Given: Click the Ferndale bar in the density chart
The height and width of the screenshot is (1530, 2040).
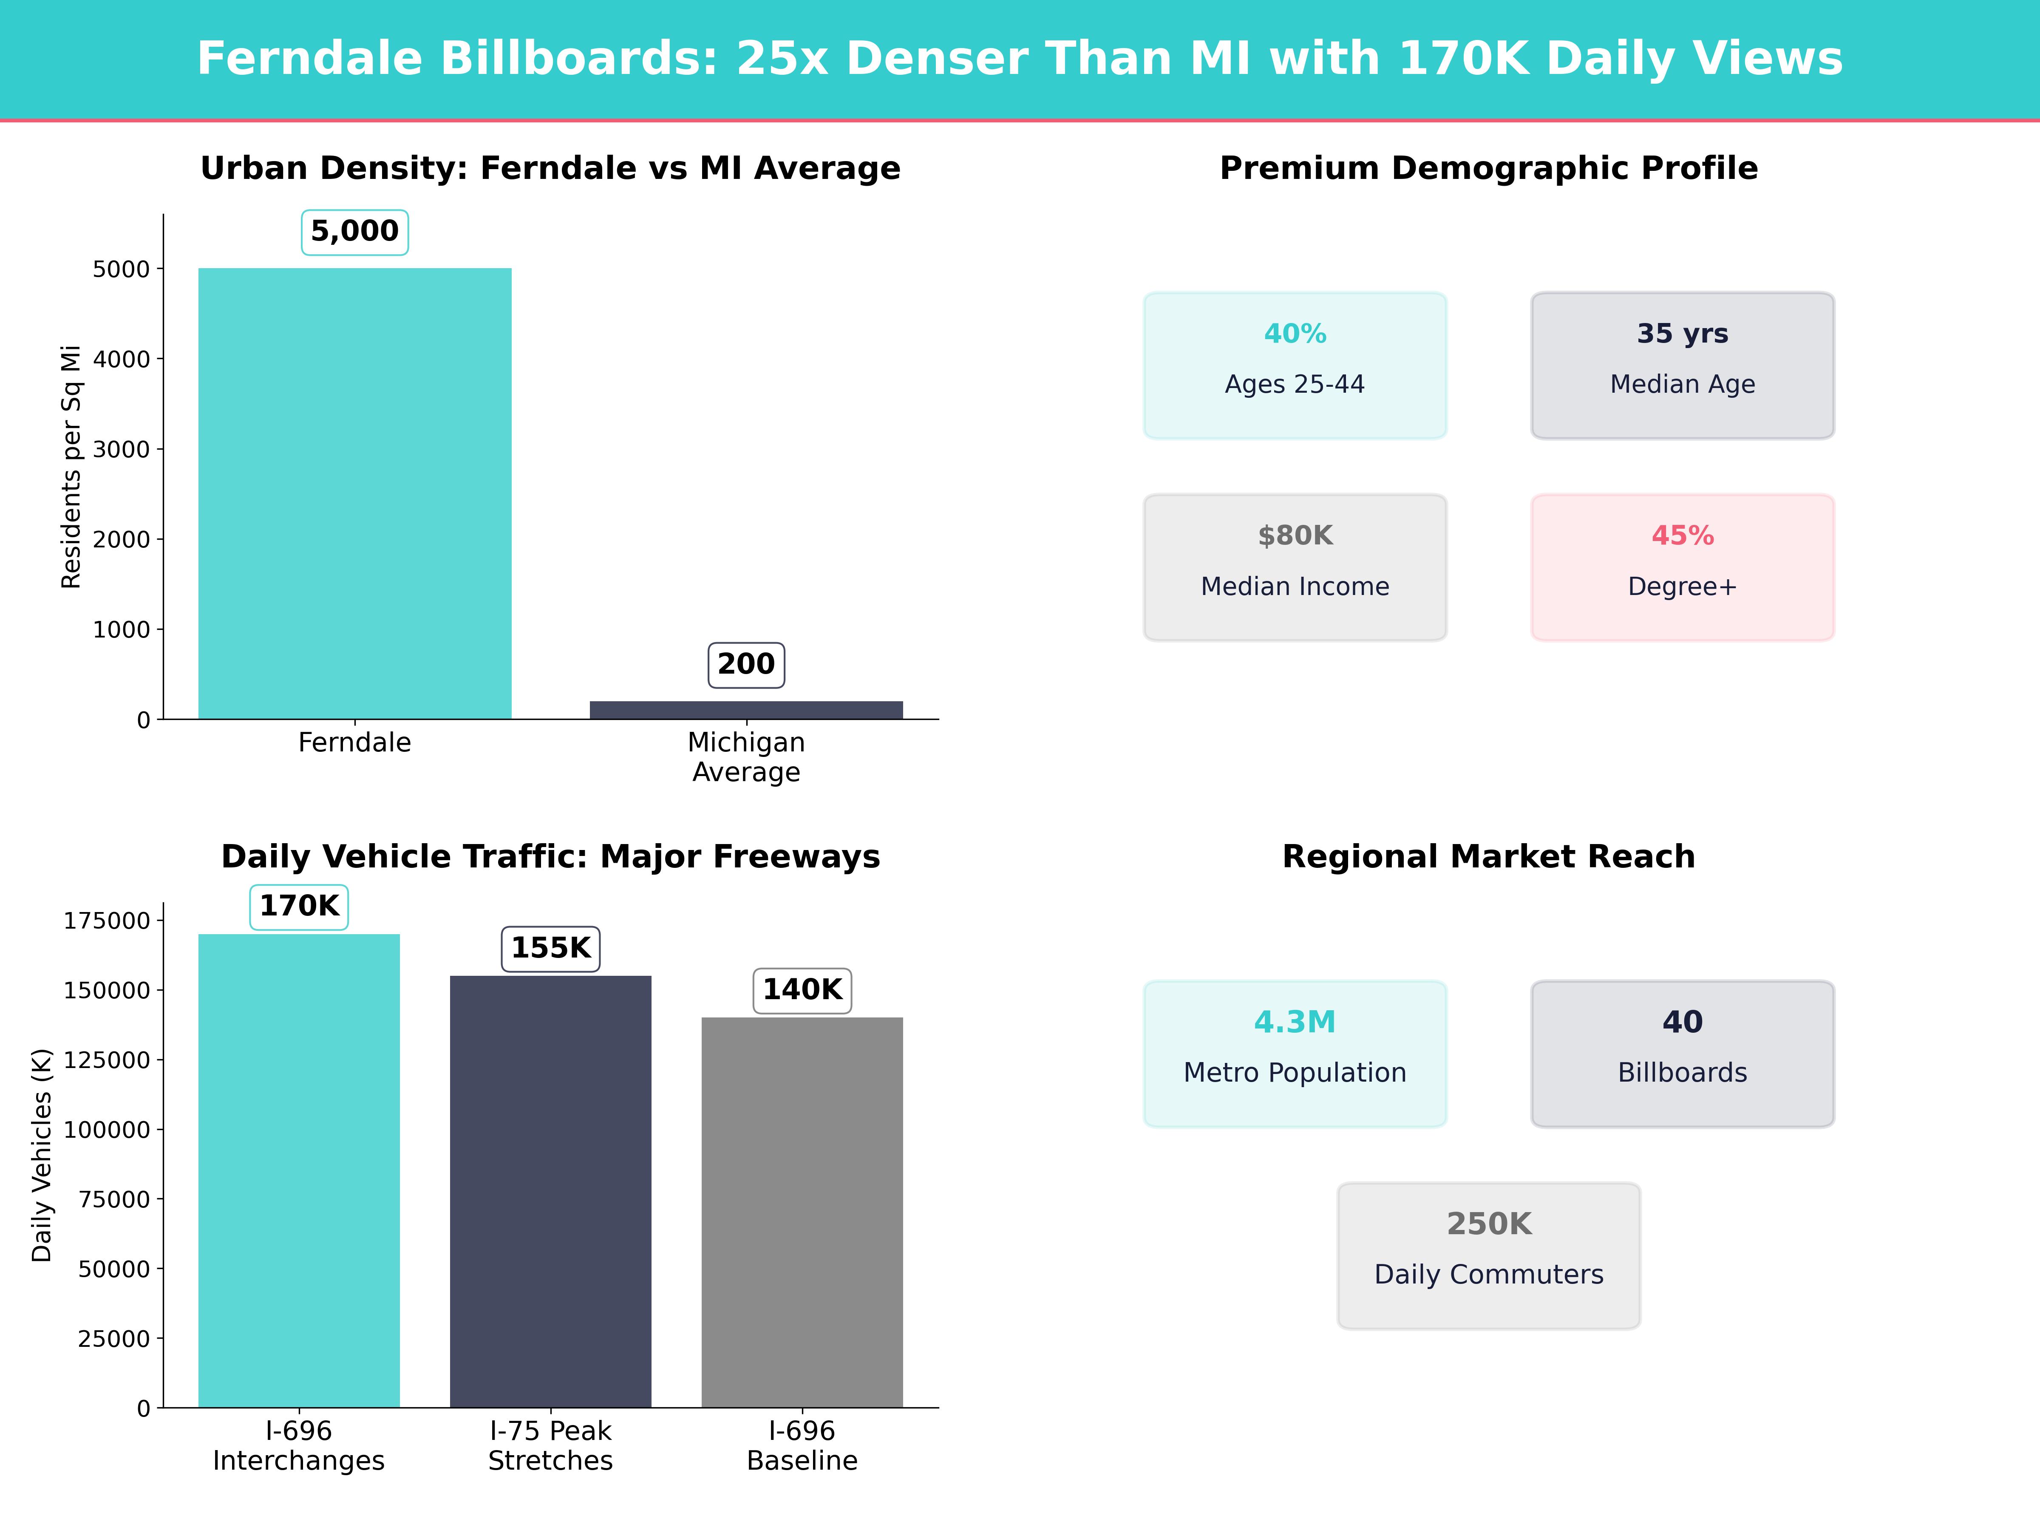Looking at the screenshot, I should pos(355,493).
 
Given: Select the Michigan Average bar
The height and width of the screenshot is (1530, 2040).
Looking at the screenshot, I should pos(746,710).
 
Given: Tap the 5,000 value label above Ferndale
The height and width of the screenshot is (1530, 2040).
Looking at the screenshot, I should pos(355,232).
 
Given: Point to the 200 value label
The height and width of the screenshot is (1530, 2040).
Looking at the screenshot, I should pos(746,664).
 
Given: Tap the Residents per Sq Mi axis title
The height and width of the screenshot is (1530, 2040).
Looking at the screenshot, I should pos(71,467).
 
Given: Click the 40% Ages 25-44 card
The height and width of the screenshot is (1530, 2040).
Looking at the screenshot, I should pos(1295,365).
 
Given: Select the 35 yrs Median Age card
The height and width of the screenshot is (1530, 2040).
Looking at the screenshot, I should pos(1682,365).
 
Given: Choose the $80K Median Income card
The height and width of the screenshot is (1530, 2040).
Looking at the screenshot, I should pos(1295,567).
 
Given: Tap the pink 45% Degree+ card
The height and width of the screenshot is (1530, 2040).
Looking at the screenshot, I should pos(1682,567).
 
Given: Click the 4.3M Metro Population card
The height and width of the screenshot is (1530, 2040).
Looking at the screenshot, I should pos(1295,1053).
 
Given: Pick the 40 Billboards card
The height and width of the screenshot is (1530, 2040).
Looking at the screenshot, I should pos(1682,1053).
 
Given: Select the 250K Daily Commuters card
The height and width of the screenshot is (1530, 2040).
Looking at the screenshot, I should pos(1488,1255).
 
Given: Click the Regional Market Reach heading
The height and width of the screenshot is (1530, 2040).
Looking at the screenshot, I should pos(1488,857).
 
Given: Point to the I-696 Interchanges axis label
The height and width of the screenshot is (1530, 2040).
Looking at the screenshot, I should pos(299,1445).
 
